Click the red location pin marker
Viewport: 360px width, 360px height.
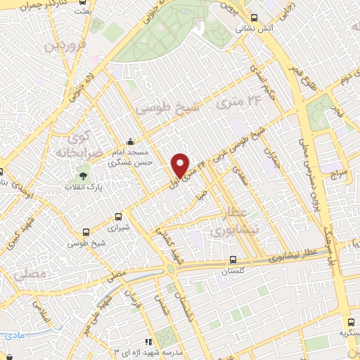click(x=181, y=166)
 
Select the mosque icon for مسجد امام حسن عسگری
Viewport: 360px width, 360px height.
click(x=128, y=142)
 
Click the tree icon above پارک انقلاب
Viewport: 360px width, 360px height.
click(x=84, y=174)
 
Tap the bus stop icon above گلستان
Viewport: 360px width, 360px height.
click(x=243, y=259)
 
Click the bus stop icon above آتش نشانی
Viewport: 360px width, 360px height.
click(x=254, y=18)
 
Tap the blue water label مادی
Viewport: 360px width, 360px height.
click(x=13, y=335)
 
